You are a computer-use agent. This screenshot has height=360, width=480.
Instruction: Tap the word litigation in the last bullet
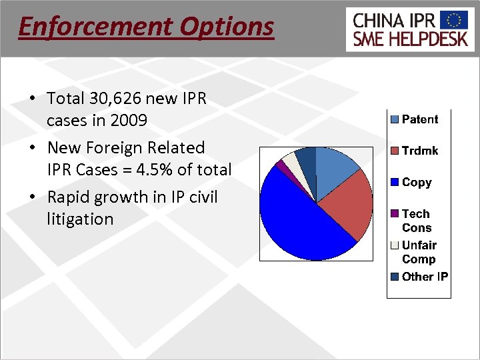coord(80,219)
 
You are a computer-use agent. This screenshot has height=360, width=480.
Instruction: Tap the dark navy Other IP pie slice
coord(307,157)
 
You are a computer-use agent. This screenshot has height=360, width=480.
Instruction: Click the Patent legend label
coord(420,119)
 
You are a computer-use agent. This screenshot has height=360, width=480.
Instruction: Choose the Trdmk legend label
coord(420,151)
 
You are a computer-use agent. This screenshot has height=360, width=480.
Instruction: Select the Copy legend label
coord(417,182)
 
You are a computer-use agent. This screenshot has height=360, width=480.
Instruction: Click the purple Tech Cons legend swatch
coord(394,214)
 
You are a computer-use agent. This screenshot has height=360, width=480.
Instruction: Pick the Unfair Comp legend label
coord(419,252)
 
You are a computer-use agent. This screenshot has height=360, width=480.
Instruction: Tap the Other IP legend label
coord(425,277)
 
